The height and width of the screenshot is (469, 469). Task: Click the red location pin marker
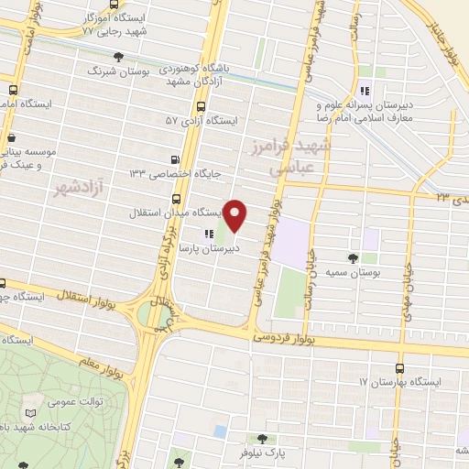point(236,214)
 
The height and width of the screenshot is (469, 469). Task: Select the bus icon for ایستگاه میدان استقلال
point(176,199)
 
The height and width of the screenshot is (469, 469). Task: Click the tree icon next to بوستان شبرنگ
point(118,57)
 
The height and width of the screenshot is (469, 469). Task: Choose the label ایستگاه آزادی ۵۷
point(201,120)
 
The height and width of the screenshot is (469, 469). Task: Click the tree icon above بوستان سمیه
point(353,258)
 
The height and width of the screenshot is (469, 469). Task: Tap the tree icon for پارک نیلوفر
point(263,440)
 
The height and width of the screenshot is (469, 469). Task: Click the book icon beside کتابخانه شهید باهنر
point(35,414)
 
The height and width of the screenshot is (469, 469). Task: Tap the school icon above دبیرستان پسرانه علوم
point(365,90)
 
